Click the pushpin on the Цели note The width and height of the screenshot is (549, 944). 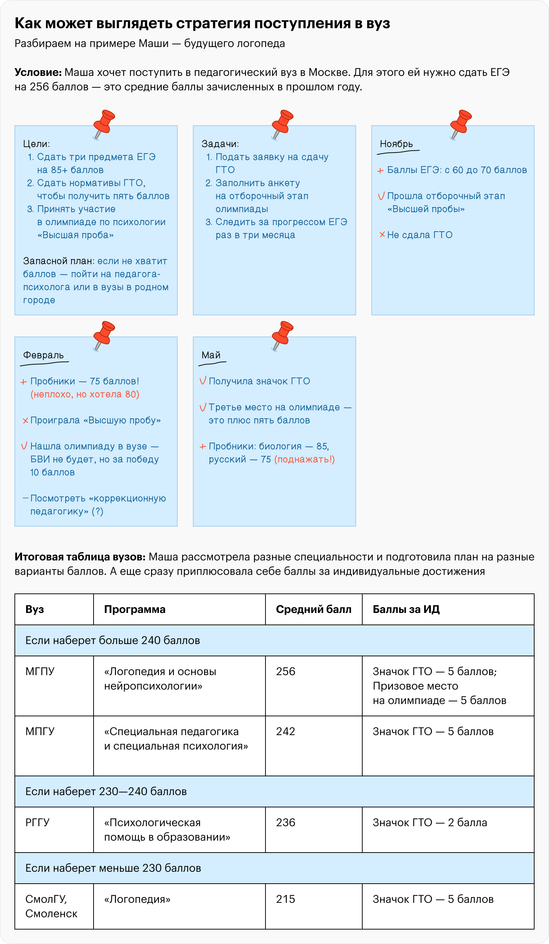pos(104,124)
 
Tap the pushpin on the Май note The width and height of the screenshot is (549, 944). pos(282,335)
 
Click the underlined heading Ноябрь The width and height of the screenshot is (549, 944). pos(396,144)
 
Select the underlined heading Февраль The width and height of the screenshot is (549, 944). pos(43,356)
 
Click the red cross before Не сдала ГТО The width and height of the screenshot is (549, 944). pos(382,235)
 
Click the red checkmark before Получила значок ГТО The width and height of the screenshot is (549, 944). pos(203,381)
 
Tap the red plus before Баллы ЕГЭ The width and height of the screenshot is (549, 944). pos(380,171)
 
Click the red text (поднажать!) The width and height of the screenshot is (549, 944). pos(304,459)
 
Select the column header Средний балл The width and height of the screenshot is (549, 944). pos(314,609)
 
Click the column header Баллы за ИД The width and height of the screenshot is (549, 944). pos(406,609)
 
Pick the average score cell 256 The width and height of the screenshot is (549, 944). pos(285,671)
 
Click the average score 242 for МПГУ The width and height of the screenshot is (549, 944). pos(285,731)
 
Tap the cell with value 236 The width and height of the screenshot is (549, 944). pos(285,823)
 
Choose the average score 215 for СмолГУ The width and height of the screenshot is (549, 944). pos(285,899)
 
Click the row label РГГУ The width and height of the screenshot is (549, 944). pos(38,823)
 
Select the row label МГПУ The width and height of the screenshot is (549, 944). pos(40,671)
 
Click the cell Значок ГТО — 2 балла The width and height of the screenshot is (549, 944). pos(429,823)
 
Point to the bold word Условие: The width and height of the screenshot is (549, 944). pos(38,72)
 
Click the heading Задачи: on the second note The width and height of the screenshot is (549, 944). pos(220,144)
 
